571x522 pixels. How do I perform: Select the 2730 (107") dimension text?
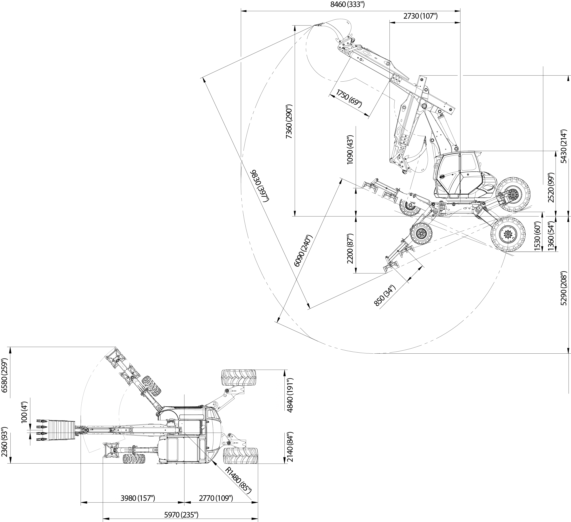tap(421, 16)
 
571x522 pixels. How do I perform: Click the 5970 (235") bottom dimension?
tap(181, 515)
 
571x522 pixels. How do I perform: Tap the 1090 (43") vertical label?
tap(350, 149)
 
